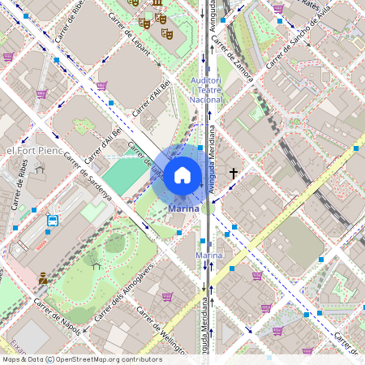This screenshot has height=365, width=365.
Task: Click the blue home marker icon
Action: point(182,175)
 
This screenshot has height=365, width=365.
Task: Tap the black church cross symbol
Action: point(234,173)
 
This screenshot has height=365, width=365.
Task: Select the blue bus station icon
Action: point(53,220)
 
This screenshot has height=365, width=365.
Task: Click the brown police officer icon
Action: point(43,278)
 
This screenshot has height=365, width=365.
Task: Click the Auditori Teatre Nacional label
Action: point(206,90)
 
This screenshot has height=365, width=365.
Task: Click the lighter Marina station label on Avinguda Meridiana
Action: point(208,255)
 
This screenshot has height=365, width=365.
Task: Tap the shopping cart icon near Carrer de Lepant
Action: point(102,85)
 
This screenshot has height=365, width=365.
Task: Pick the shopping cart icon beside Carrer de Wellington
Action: point(167,297)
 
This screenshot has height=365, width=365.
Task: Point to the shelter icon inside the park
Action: point(96,264)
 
